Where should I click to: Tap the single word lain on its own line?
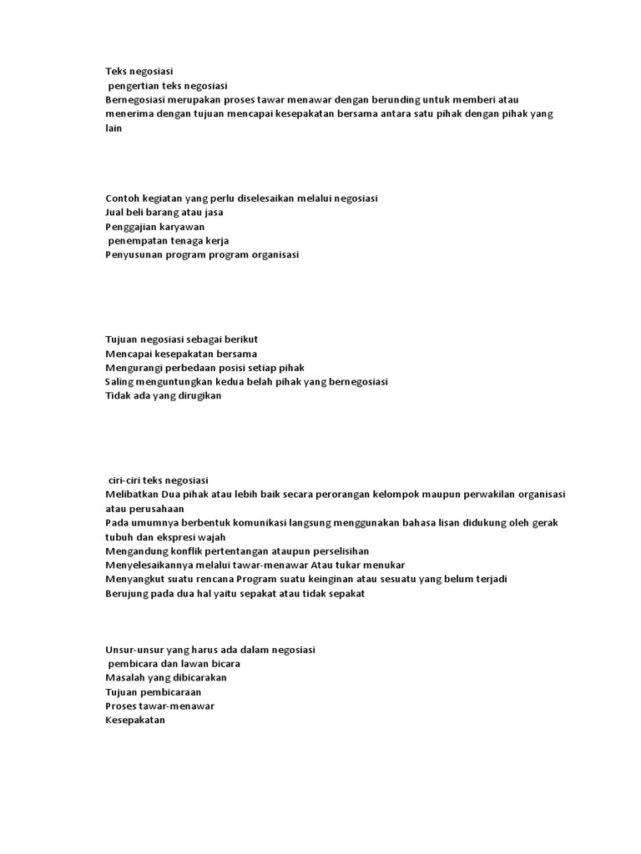tap(114, 128)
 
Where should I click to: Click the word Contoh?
tap(124, 198)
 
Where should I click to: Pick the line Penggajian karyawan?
tap(155, 227)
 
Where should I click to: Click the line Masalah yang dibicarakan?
tap(166, 678)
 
